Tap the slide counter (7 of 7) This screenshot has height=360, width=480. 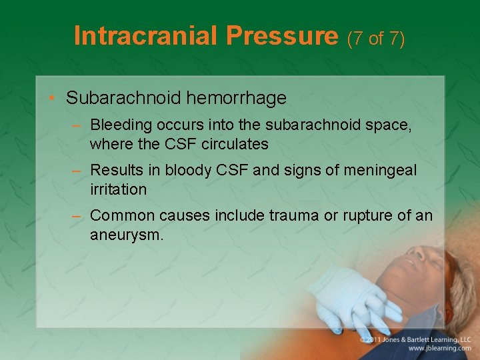[375, 38]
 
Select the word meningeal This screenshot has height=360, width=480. [379, 171]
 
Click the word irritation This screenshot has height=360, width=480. [118, 189]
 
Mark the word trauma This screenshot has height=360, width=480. [295, 215]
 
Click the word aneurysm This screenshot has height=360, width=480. [127, 235]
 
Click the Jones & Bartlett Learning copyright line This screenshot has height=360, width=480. [415, 339]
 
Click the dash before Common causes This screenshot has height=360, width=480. [77, 216]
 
